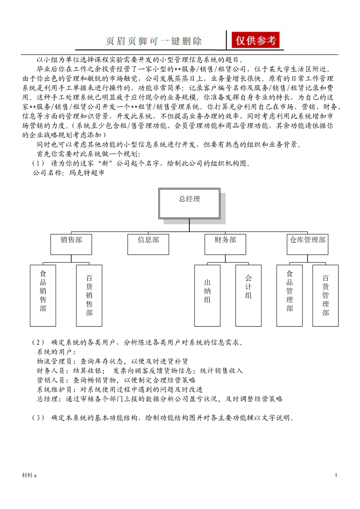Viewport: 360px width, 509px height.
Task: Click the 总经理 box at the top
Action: [189, 203]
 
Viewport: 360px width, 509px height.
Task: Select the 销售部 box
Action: [71, 244]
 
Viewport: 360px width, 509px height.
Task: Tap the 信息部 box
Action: [148, 244]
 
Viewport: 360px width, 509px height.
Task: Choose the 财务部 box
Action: [225, 244]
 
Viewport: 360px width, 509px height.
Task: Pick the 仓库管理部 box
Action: [308, 244]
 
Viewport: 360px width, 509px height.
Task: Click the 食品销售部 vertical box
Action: [43, 296]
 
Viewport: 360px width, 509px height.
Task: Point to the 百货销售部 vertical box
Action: [89, 296]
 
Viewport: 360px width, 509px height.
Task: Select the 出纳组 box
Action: [207, 296]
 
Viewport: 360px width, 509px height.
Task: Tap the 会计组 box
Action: [248, 296]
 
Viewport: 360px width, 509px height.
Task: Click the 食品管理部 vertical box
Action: [290, 296]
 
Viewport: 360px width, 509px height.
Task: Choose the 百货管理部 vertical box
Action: [326, 296]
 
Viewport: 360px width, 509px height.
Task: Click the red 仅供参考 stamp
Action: [256, 40]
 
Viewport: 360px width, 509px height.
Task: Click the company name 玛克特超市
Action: [87, 172]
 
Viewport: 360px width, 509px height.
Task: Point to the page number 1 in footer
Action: [336, 475]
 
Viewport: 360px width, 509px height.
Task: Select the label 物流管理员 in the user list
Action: [53, 361]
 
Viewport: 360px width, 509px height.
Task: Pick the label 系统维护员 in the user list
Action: [53, 389]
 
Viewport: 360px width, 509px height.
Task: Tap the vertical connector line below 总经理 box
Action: [189, 225]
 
